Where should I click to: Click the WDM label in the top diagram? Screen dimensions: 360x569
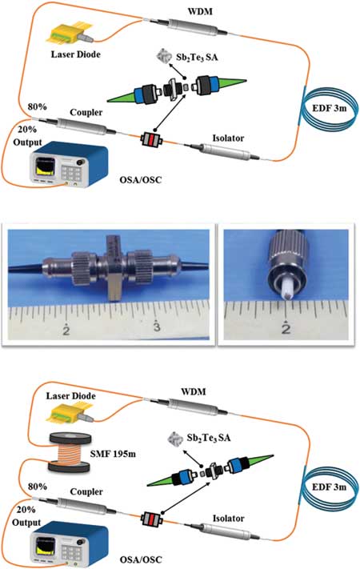point(200,12)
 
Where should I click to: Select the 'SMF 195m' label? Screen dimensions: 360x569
point(113,453)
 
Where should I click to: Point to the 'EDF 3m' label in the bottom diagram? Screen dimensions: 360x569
point(329,487)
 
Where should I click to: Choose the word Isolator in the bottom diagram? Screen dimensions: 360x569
point(228,519)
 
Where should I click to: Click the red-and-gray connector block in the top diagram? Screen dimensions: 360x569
point(151,139)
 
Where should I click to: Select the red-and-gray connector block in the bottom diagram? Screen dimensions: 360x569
point(152,519)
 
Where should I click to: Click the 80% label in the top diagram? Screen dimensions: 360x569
point(38,107)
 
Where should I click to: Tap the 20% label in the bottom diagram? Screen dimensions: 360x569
point(26,510)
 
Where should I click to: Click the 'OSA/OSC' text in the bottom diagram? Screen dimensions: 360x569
point(141,559)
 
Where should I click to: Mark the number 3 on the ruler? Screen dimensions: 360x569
point(156,327)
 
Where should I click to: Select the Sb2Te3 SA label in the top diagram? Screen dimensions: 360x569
point(198,57)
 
